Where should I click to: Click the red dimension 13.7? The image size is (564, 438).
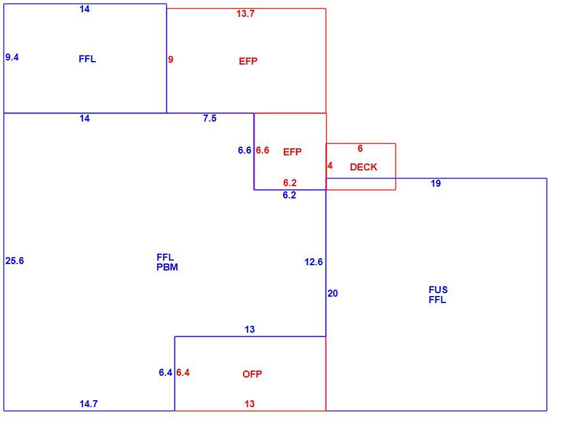tap(245, 14)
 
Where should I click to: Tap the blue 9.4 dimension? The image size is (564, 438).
tap(12, 57)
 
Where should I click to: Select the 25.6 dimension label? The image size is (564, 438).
tap(15, 261)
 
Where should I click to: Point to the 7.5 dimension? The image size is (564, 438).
tap(210, 119)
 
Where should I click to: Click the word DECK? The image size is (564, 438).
tap(363, 167)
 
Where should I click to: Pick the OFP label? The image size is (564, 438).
tap(252, 374)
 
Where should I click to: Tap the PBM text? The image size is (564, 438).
tap(167, 268)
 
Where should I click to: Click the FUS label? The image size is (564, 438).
tap(438, 290)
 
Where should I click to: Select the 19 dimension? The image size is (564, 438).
tap(436, 184)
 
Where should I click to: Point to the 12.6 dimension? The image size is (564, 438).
tap(313, 262)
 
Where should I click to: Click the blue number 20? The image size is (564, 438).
tap(333, 294)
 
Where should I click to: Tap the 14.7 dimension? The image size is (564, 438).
tap(88, 404)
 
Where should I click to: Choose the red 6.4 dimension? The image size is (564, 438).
tap(183, 372)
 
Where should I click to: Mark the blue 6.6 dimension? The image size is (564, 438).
tap(245, 150)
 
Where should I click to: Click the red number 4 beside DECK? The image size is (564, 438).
tap(330, 166)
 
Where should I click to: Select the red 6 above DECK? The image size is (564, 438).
tap(360, 149)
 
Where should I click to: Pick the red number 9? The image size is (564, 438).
tap(170, 59)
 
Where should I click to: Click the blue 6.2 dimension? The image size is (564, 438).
tap(290, 195)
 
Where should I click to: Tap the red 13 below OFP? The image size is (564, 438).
tap(249, 404)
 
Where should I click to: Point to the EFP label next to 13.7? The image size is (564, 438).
tap(248, 61)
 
